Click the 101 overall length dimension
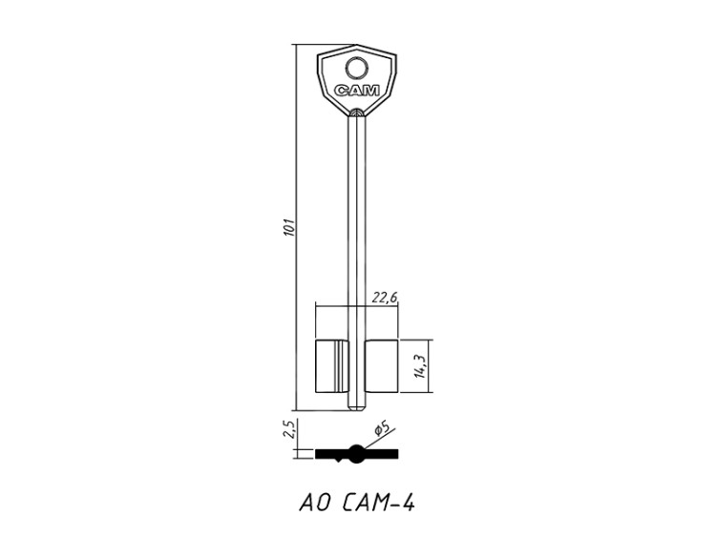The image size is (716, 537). click(x=289, y=227)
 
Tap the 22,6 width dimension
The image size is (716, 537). click(x=385, y=298)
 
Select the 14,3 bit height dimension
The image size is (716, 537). click(x=420, y=366)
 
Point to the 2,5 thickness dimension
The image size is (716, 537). click(x=290, y=429)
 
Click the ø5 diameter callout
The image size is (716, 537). click(x=381, y=429)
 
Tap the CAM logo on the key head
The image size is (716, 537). click(x=357, y=91)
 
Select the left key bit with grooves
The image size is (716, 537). click(x=332, y=366)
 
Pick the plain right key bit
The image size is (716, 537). click(x=382, y=366)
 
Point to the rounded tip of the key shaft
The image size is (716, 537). click(x=357, y=408)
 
